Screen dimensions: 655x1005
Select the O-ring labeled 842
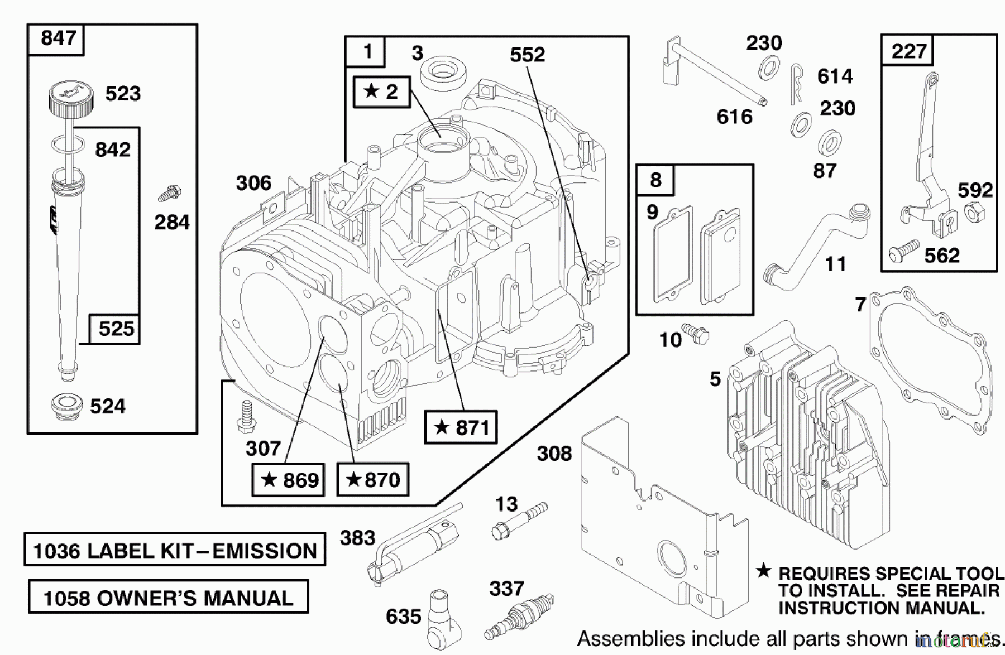[x=68, y=145]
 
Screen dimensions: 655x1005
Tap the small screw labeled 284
[x=169, y=193]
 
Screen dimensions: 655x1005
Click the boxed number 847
[x=58, y=38]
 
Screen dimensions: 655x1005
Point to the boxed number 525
[x=116, y=328]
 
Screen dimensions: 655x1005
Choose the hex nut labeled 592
[x=975, y=213]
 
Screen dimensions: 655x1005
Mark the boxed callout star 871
[x=461, y=427]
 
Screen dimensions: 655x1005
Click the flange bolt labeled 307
[x=245, y=417]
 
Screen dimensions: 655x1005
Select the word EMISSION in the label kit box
[x=265, y=551]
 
